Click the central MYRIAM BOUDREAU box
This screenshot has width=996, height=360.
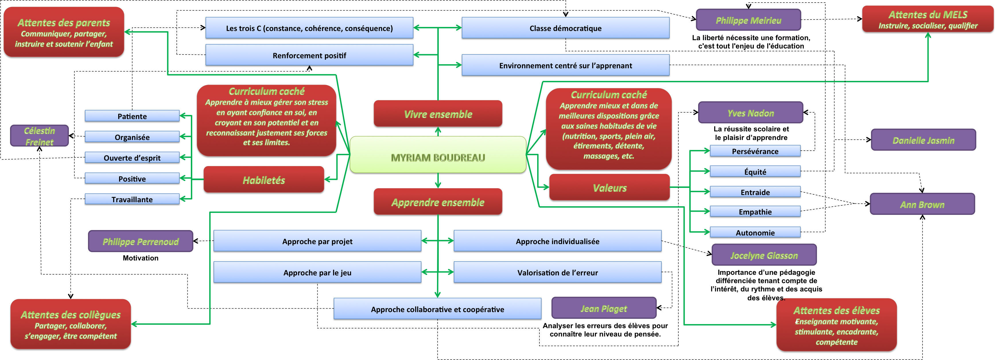[438, 155]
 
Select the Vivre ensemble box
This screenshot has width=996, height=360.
[438, 114]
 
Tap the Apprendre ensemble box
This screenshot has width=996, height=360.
[438, 202]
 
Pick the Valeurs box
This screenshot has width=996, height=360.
[609, 188]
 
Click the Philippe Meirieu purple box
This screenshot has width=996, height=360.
[748, 20]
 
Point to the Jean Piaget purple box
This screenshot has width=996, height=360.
[603, 308]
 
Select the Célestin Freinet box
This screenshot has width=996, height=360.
[39, 136]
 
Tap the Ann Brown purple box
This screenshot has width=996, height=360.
[922, 204]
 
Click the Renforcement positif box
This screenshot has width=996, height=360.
[309, 55]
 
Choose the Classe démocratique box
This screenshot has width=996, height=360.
[565, 28]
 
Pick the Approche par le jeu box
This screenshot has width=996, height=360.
[317, 272]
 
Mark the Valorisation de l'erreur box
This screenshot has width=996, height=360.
[557, 272]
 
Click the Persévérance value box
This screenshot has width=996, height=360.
[755, 151]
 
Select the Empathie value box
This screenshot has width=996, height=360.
[755, 211]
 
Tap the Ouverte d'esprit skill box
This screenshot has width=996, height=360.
[132, 157]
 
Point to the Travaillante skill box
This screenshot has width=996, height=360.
[132, 199]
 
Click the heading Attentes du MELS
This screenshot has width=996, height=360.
[928, 15]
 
